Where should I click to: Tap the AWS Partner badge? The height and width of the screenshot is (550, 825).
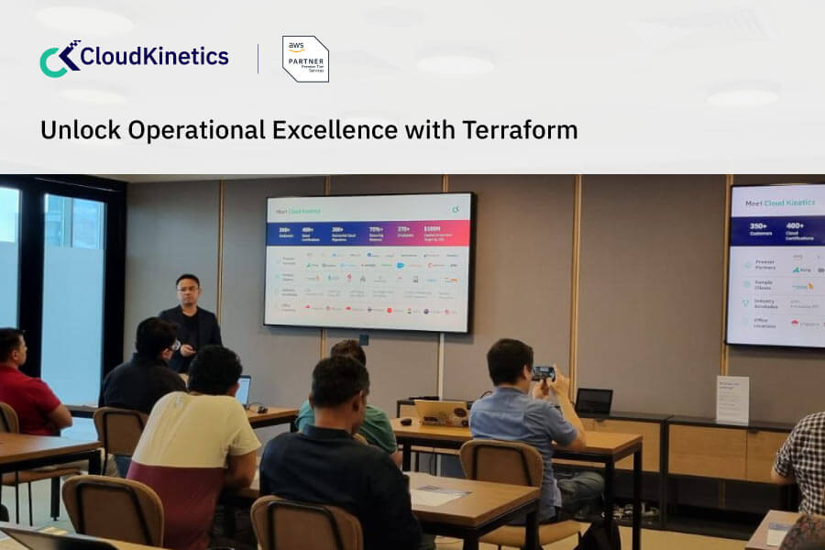pyautogui.click(x=305, y=60)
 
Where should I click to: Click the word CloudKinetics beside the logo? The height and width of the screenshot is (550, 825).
pyautogui.click(x=154, y=57)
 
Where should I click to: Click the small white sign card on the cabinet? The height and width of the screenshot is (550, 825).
pyautogui.click(x=731, y=400)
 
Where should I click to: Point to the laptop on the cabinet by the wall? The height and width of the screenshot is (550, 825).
pyautogui.click(x=594, y=402)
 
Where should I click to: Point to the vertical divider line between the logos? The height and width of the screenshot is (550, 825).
pyautogui.click(x=258, y=59)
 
